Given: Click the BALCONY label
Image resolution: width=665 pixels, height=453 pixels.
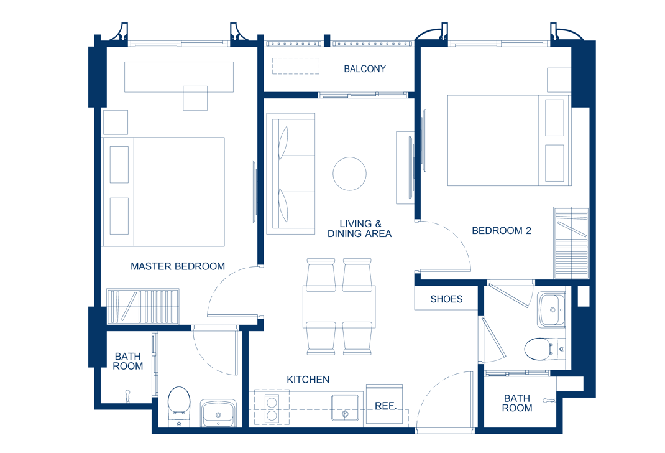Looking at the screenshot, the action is [365, 69].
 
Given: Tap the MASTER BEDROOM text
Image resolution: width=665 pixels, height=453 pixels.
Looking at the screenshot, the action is [178, 266].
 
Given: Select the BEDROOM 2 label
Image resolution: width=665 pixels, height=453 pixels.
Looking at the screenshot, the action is [502, 230].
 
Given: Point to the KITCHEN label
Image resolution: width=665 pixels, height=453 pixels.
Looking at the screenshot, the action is [308, 380].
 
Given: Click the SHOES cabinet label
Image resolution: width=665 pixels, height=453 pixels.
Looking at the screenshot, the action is [446, 299].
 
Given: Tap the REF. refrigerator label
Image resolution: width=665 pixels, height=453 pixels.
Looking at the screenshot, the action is [385, 406].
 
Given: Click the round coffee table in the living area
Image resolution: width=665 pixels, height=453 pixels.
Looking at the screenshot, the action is [349, 174].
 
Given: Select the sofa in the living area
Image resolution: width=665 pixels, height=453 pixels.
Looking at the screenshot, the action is [290, 174].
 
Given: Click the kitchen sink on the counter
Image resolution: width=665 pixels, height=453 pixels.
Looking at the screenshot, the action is [345, 408].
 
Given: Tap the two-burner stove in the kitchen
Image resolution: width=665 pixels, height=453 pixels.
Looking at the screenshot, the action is [272, 408].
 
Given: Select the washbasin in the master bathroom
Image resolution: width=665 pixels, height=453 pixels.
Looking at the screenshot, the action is [218, 413].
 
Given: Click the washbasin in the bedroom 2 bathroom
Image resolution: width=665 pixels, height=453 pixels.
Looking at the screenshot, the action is [551, 309].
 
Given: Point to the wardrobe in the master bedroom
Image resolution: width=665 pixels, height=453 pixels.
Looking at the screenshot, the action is [142, 306].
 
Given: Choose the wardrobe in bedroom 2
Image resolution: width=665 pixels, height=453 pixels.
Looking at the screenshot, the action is [571, 243].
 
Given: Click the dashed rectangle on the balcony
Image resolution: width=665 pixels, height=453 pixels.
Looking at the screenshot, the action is [296, 66].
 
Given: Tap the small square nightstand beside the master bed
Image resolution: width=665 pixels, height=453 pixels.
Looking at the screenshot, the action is [116, 122].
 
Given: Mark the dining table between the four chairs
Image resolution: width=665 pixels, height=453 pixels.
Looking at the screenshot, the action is [339, 307].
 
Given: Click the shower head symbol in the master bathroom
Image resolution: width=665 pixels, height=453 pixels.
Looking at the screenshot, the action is [127, 396].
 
